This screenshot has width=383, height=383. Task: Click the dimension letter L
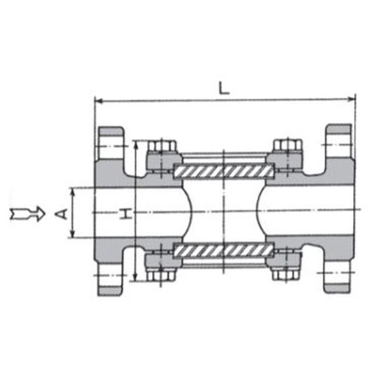[223, 88]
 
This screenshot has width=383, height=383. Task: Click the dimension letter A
[61, 214]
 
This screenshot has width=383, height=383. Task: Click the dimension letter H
[126, 213]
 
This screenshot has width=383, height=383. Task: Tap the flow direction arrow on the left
[27, 213]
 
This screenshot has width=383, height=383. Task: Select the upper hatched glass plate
[223, 171]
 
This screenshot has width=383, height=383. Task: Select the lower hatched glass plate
[223, 250]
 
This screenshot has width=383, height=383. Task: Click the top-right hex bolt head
[288, 146]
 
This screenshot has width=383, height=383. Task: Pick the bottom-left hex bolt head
[161, 274]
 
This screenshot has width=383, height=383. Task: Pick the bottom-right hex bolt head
[286, 274]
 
